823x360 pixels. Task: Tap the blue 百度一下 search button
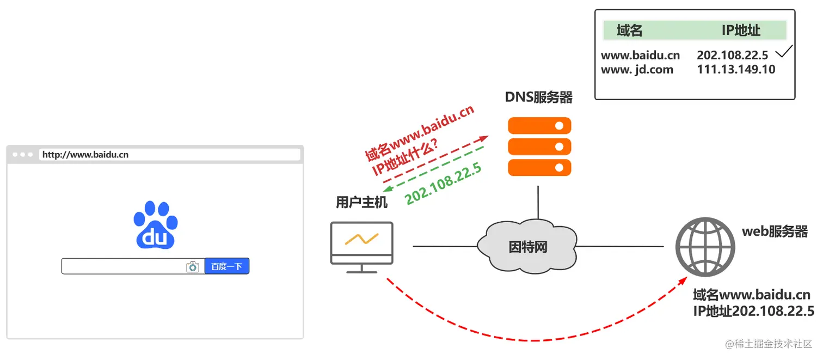tap(226, 266)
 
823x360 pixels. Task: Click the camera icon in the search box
tap(192, 266)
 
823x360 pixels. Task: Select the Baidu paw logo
tap(156, 225)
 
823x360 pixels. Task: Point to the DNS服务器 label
tap(539, 97)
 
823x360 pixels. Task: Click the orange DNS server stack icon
tap(539, 147)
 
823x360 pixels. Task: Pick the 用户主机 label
tap(361, 203)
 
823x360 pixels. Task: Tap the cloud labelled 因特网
tap(526, 246)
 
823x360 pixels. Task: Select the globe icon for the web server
tap(705, 247)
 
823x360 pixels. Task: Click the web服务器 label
tap(775, 231)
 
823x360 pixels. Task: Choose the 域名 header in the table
tap(630, 30)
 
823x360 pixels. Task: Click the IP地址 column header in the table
tap(741, 30)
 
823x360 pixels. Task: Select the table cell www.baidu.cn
tap(640, 55)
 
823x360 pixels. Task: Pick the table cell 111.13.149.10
tap(736, 69)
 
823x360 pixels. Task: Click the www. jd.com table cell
tap(637, 69)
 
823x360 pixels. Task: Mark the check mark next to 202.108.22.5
tap(784, 52)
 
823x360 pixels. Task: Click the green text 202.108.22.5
tap(444, 184)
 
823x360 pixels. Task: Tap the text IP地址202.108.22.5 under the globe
tap(753, 311)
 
